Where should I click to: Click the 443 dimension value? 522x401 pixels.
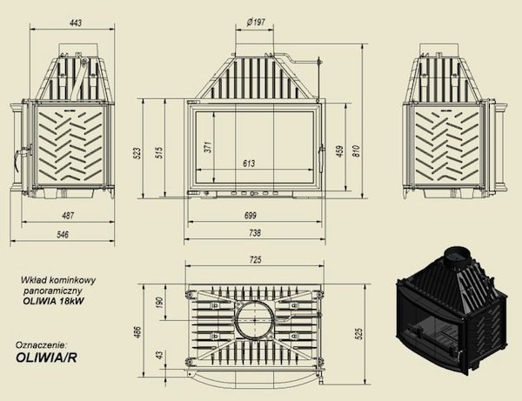(76, 23)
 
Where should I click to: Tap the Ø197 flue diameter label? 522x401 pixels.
(256, 23)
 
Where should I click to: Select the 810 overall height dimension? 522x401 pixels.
(356, 151)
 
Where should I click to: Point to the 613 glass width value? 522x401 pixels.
(249, 163)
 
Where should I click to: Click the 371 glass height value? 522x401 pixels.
(208, 147)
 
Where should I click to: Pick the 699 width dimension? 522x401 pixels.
(250, 216)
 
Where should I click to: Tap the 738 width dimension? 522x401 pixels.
(255, 233)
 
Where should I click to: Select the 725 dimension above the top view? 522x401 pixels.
(255, 259)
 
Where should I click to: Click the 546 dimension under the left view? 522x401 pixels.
(63, 235)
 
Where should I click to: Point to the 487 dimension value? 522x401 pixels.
(68, 216)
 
